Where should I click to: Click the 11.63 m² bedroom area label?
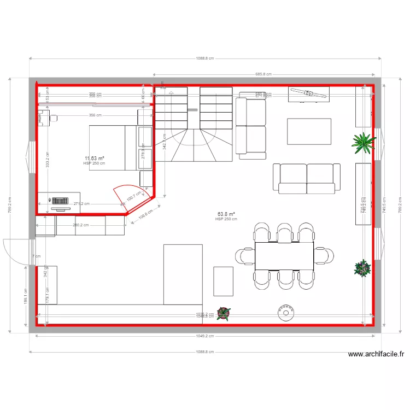click(94, 159)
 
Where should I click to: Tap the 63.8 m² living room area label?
click(226, 214)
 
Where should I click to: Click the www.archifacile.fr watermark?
click(376, 354)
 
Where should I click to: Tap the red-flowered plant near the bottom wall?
click(223, 313)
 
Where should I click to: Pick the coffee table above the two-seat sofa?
click(309, 131)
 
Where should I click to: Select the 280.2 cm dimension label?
click(80, 225)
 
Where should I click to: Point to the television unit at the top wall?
click(309, 94)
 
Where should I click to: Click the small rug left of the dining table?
click(223, 280)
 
